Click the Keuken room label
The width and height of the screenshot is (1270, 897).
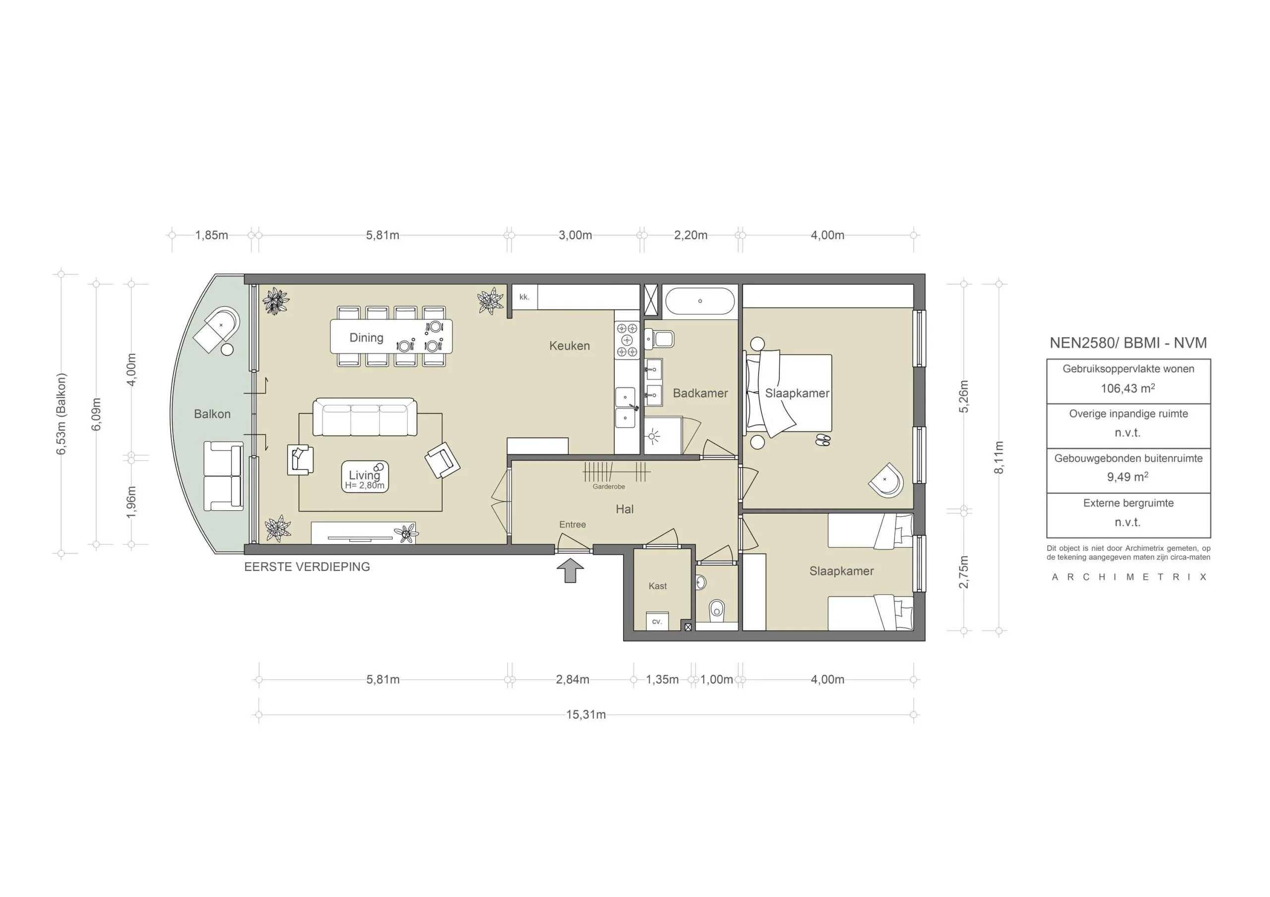pos(569,346)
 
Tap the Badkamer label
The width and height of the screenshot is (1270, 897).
pos(699,393)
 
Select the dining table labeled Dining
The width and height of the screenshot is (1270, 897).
pos(390,336)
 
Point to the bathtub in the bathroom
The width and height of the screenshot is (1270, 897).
pos(699,301)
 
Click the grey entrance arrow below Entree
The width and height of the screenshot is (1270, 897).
pos(570,571)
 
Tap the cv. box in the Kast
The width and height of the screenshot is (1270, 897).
pos(657,622)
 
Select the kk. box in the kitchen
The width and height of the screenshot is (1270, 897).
pos(524,297)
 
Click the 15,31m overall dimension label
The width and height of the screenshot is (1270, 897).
pos(585,715)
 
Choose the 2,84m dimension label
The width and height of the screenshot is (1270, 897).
pos(572,679)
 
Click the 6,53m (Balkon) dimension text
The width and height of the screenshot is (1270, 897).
pos(61,414)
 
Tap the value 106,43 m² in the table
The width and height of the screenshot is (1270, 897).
pos(1127,388)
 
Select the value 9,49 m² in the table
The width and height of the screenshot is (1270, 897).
pos(1127,477)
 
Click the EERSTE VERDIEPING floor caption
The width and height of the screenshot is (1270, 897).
pos(307,567)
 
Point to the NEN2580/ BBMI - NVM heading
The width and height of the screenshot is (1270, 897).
pos(1128,343)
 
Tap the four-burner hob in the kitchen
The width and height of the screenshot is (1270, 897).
pos(627,340)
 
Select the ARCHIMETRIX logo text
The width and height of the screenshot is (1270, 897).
pos(1129,577)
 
